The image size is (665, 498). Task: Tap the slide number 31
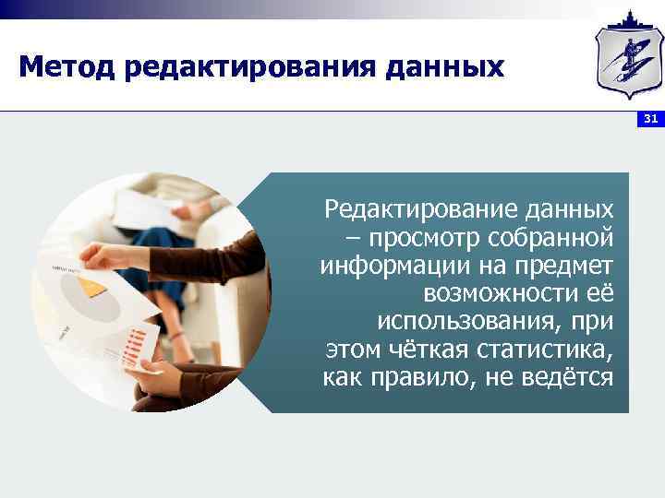[x=650, y=119]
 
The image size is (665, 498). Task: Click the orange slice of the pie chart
[x=91, y=287]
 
